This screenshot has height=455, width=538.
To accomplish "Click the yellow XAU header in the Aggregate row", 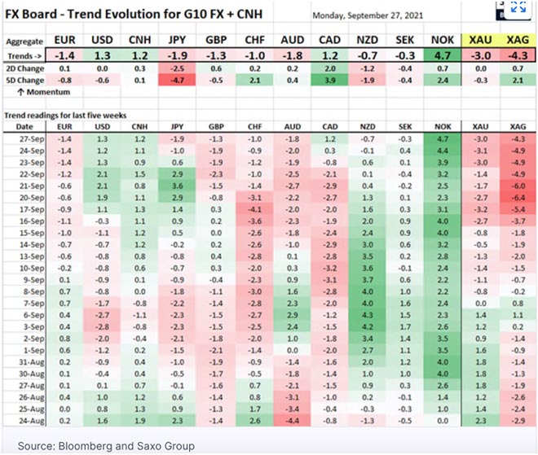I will (478, 40).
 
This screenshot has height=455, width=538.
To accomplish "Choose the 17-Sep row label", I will (24, 210).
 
